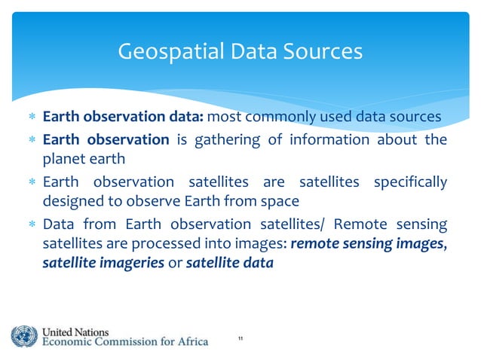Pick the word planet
tap(63, 159)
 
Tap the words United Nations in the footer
tap(75, 331)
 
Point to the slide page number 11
tap(240, 340)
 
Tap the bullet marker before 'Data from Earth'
tap(31, 225)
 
